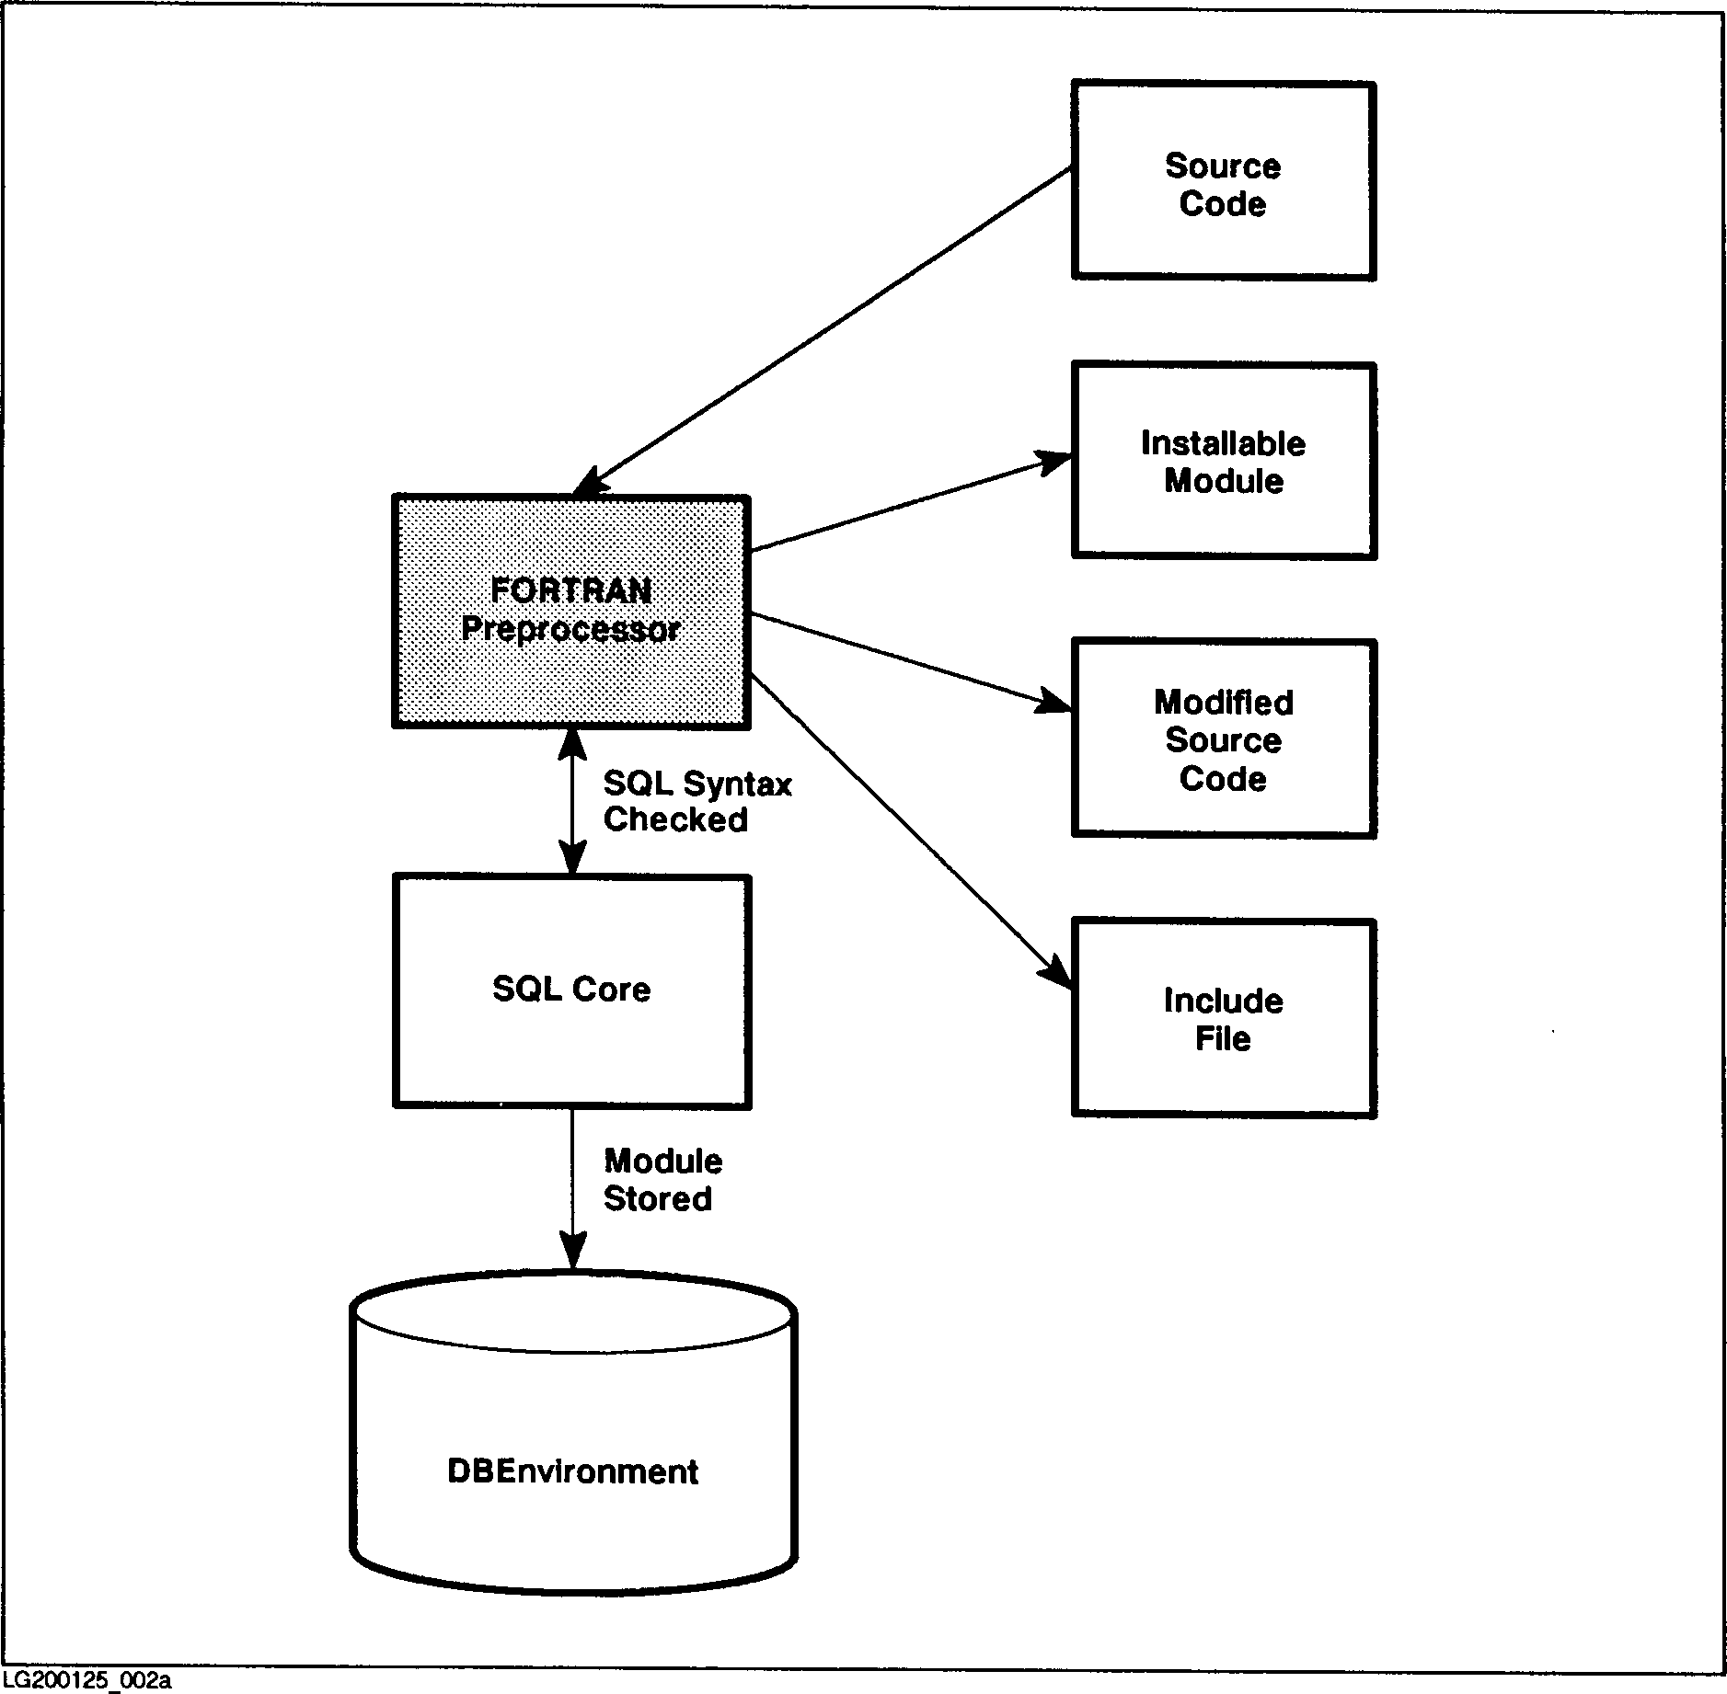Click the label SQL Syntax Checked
click(697, 802)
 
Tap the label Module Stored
click(662, 1180)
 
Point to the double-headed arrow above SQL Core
click(572, 801)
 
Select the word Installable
click(1223, 444)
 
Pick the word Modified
click(1223, 703)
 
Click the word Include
click(1223, 1001)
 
